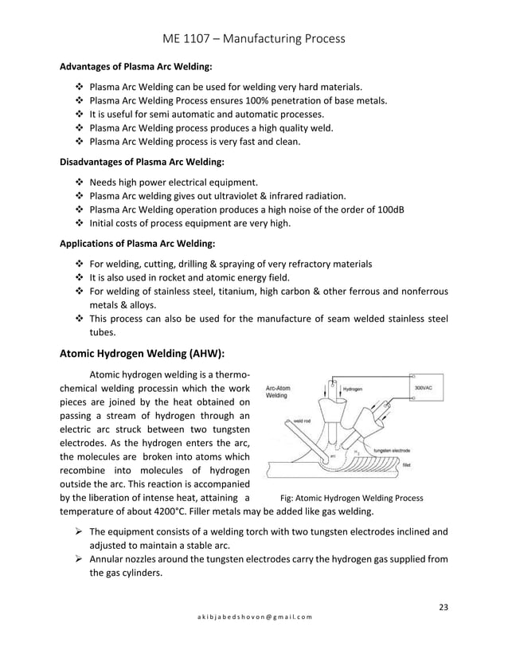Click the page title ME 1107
(x=253, y=37)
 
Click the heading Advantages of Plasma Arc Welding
(x=136, y=67)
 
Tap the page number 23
(x=444, y=609)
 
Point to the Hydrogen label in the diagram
(x=354, y=390)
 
